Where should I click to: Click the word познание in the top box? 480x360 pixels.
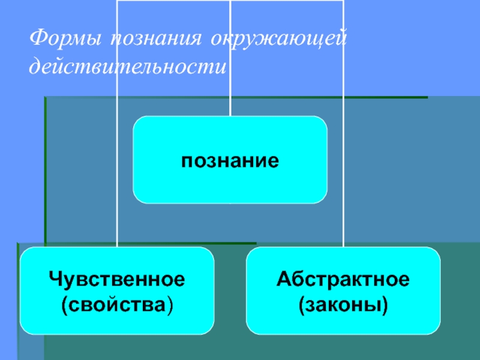[x=230, y=161]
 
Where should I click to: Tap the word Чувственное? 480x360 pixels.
[x=117, y=279]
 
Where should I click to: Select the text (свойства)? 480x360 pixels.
[x=117, y=304]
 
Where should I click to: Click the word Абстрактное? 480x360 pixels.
[x=343, y=279]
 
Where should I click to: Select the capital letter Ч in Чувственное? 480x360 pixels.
[x=55, y=279]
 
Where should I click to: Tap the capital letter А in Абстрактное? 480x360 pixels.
[x=283, y=279]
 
